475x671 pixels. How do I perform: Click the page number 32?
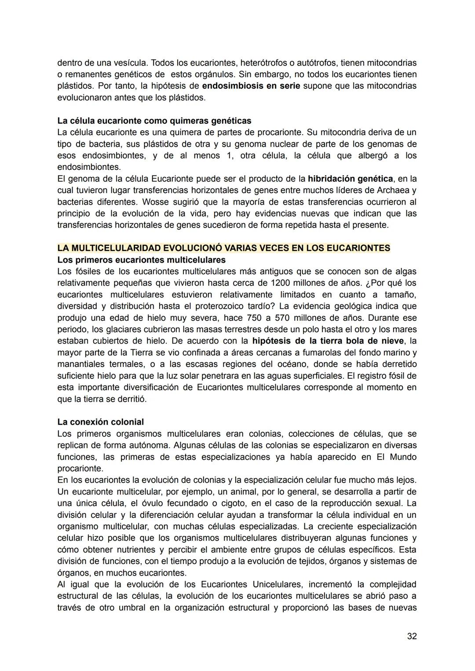point(412,636)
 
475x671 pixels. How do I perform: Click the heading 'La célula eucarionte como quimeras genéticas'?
point(154,121)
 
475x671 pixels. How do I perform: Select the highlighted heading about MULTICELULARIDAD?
point(223,248)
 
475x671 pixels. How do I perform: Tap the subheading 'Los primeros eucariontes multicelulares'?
point(141,260)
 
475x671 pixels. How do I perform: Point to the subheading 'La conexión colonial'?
point(100,422)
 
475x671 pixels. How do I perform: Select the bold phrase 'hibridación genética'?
point(350,179)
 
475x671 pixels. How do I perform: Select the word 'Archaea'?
point(393,191)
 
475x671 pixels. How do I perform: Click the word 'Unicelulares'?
point(278,585)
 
